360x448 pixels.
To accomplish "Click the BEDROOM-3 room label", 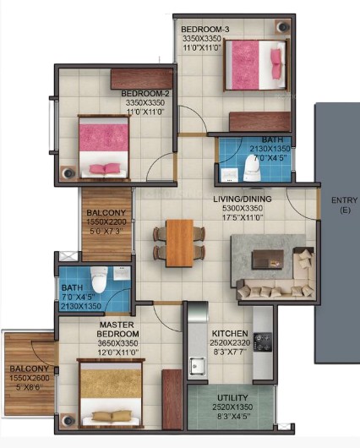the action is click(205, 29).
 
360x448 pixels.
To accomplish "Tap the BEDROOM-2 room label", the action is click(145, 93).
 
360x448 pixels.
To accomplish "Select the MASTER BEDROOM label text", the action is click(117, 329).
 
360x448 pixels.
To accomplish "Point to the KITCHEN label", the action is click(230, 333).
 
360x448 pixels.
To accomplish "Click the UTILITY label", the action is click(232, 398).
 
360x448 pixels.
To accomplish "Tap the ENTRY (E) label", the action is click(344, 205).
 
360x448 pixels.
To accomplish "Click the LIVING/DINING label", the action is click(243, 199).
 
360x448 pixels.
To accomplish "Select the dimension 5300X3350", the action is click(243, 208).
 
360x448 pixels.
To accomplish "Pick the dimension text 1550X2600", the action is click(30, 378).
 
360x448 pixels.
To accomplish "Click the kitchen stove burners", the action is click(263, 341).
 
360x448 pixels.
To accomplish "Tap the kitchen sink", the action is click(197, 366).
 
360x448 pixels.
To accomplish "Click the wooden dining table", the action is click(180, 243).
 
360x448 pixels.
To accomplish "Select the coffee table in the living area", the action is click(267, 260).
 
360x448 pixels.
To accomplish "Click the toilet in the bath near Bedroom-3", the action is click(253, 167).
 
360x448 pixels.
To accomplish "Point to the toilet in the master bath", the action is click(99, 279).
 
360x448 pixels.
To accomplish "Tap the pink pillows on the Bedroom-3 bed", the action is click(275, 63).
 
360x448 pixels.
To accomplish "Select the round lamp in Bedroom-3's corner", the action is click(283, 27).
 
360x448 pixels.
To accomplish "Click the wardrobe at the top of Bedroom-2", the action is click(142, 79).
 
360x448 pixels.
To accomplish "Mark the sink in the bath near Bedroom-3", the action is click(229, 175).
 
